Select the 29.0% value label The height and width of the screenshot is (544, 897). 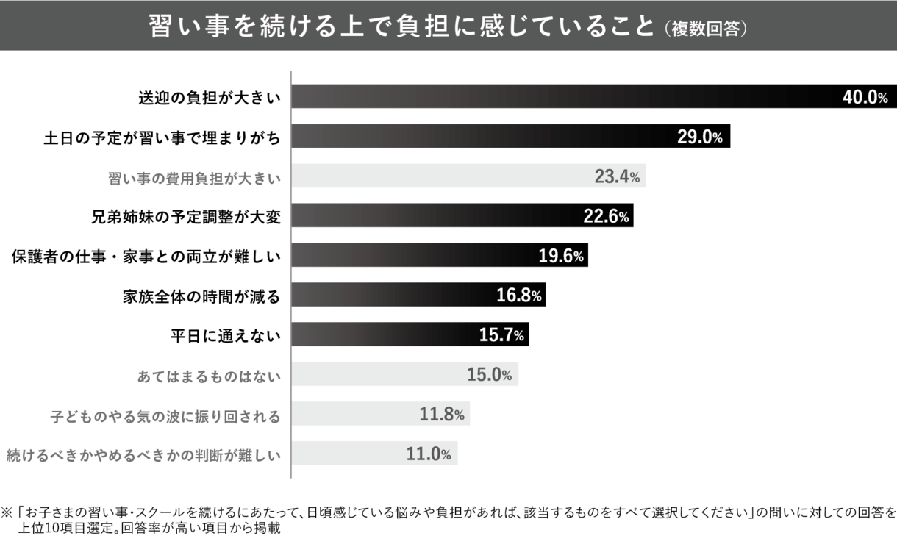point(699,137)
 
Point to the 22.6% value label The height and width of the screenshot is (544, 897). point(605,217)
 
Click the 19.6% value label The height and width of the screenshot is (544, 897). point(560,256)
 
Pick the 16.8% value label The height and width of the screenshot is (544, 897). point(518,296)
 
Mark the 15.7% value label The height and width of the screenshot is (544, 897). point(501,336)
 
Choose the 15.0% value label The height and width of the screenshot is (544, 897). point(489,376)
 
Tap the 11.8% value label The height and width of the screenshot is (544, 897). point(441,415)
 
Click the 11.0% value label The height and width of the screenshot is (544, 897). point(429,455)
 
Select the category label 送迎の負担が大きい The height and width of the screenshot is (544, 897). point(210,97)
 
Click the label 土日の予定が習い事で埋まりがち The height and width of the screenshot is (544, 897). point(162,137)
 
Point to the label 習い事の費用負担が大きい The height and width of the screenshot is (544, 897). point(194,177)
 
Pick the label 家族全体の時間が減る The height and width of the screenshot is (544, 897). point(201,297)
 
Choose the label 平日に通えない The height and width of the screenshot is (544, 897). point(225,337)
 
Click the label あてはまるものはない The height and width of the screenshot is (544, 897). point(210,376)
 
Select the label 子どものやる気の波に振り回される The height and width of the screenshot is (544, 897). point(165,416)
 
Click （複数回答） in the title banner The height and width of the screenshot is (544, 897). point(705,28)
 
